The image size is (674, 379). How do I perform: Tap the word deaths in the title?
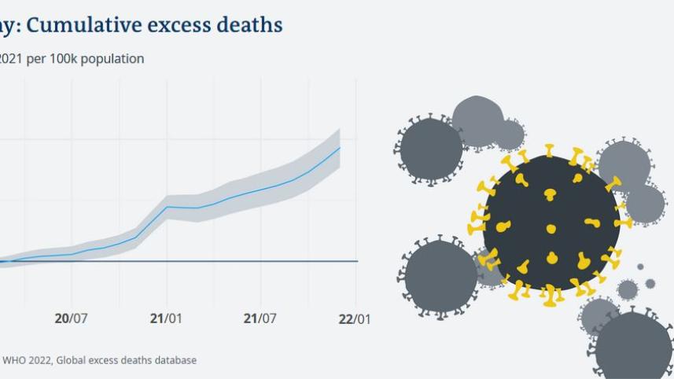click(x=249, y=25)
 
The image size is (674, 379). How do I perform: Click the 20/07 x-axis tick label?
click(x=71, y=318)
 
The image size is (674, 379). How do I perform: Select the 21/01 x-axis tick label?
click(x=166, y=318)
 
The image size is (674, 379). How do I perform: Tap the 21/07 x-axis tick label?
click(x=260, y=318)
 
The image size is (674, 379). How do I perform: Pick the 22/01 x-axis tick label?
click(x=355, y=318)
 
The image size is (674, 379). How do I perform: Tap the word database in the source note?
click(x=175, y=360)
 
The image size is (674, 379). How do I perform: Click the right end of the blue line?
click(x=340, y=147)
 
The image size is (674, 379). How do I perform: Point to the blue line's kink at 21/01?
click(x=167, y=207)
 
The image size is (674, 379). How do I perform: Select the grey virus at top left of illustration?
click(x=431, y=149)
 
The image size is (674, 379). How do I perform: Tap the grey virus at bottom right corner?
click(x=633, y=346)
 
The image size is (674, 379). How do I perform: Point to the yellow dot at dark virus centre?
click(x=551, y=229)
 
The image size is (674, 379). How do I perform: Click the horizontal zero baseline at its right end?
click(x=356, y=261)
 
